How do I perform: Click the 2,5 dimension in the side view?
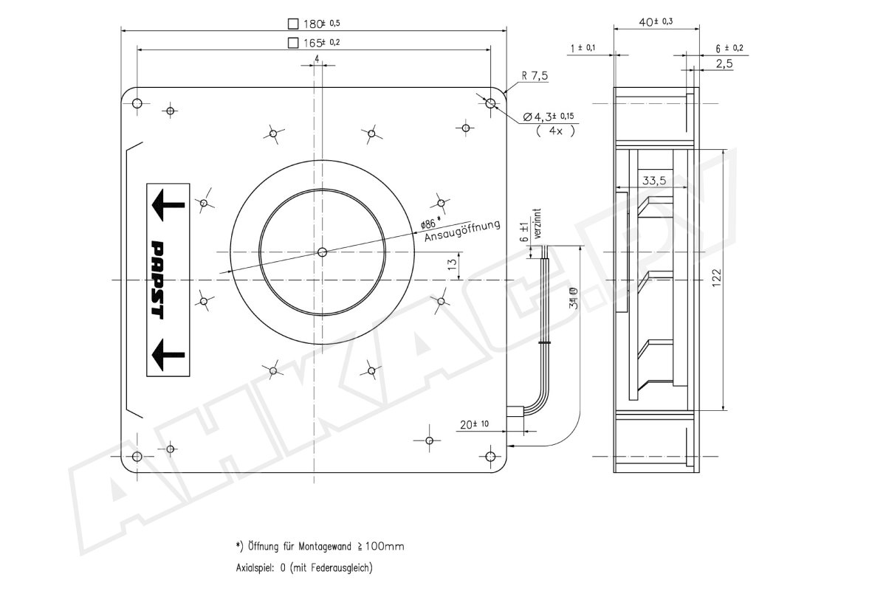tap(724, 64)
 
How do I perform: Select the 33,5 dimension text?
tap(656, 179)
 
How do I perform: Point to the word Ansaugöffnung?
tap(463, 232)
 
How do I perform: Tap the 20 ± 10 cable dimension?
tap(473, 424)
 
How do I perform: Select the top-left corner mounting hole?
tap(137, 103)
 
